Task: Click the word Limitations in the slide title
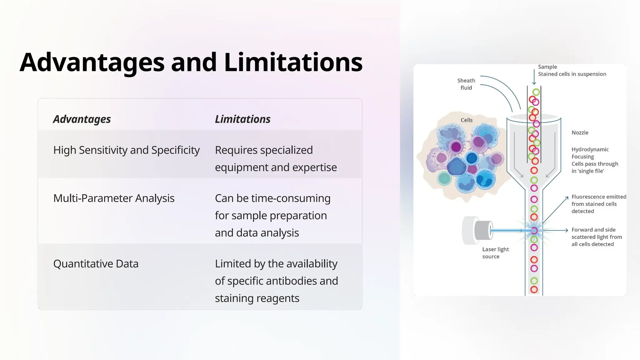tap(293, 62)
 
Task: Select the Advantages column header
tap(82, 119)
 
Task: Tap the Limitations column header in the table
tap(242, 119)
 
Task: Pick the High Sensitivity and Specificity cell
tap(126, 150)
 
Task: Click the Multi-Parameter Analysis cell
tap(114, 198)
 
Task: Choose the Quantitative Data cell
tap(96, 264)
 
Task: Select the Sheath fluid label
tap(466, 84)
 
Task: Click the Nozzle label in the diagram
tap(580, 132)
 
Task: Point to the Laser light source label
tap(495, 253)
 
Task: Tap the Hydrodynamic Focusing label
tap(590, 153)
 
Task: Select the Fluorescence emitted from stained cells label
tap(598, 204)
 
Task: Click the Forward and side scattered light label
tap(596, 237)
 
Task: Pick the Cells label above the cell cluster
tap(466, 120)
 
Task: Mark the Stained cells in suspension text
tap(572, 74)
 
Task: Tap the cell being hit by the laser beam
tap(534, 231)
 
